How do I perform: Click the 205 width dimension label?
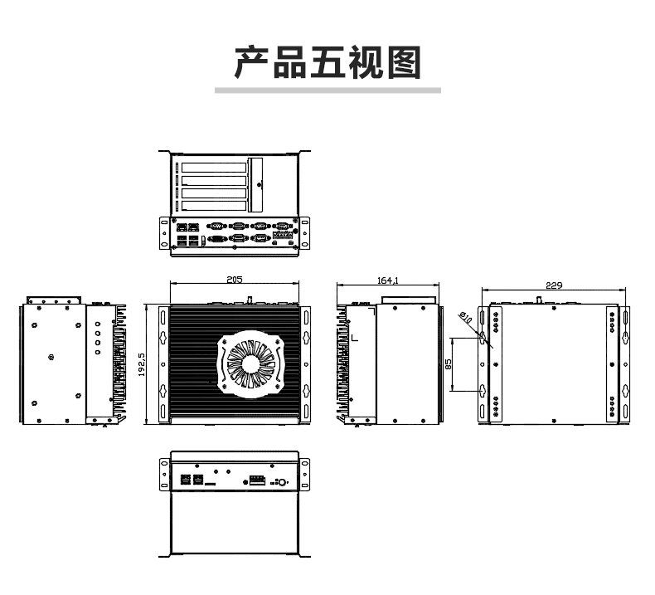tap(234, 280)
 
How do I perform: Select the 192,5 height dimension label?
tap(142, 364)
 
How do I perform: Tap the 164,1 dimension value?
tap(388, 280)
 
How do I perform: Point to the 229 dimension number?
tap(554, 285)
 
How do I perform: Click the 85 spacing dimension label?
tap(449, 363)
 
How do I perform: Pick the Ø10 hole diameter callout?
tap(465, 317)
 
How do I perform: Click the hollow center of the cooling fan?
tap(250, 363)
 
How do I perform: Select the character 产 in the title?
tap(251, 62)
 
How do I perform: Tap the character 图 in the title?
tap(404, 62)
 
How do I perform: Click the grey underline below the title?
tap(327, 90)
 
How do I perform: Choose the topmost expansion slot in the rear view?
tap(214, 168)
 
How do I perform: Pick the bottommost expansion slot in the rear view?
tap(214, 206)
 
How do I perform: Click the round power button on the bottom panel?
tap(282, 482)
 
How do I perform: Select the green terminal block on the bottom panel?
tap(257, 480)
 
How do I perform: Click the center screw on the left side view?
tap(51, 357)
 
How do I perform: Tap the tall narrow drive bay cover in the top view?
tap(255, 185)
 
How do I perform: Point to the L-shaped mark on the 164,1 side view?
tap(354, 337)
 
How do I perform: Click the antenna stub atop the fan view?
tap(250, 300)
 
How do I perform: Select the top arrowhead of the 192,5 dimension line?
tap(147, 307)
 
